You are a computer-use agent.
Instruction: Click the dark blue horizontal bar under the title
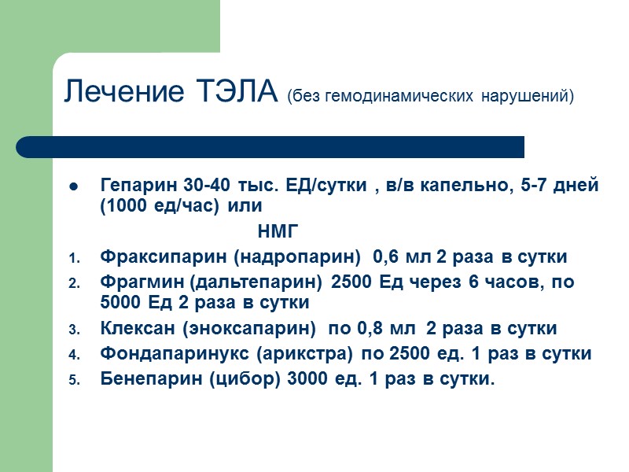(x=270, y=146)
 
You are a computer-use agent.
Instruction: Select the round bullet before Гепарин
(x=73, y=188)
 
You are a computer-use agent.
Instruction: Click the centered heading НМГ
(x=278, y=231)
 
